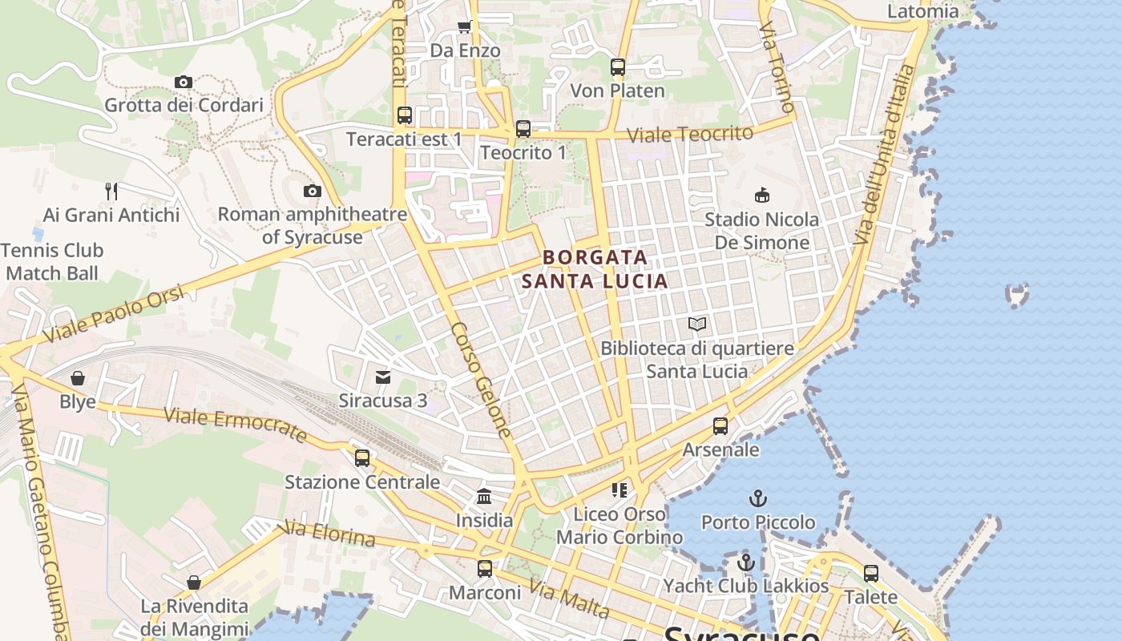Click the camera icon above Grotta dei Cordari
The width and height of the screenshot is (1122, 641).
click(x=184, y=82)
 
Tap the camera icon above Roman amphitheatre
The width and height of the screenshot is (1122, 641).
click(x=313, y=191)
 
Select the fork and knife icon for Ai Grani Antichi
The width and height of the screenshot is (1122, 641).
click(x=111, y=191)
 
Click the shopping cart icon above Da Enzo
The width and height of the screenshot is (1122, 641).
click(x=464, y=27)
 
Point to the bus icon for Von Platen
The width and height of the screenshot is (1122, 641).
click(x=617, y=67)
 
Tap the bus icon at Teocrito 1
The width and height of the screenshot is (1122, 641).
click(x=523, y=128)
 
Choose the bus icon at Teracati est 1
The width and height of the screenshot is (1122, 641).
click(x=405, y=115)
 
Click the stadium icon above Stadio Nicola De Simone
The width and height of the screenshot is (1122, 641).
click(x=761, y=195)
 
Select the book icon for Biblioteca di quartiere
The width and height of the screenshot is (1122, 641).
click(x=697, y=325)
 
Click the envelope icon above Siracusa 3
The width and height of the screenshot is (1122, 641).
click(x=383, y=377)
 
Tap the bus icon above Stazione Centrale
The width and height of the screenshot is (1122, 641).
click(x=362, y=458)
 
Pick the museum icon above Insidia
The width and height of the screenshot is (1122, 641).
click(x=484, y=497)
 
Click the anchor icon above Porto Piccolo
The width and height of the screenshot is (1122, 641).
click(x=757, y=498)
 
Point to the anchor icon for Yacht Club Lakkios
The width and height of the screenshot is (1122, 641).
click(x=746, y=562)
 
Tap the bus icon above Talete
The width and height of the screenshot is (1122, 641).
click(x=871, y=574)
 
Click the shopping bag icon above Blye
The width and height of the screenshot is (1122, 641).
click(x=78, y=378)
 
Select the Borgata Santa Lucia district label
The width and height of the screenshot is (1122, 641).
click(x=595, y=269)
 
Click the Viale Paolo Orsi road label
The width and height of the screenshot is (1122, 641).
click(x=114, y=315)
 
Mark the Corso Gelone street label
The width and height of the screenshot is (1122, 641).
click(x=480, y=380)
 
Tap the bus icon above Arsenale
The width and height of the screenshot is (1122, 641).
click(x=720, y=426)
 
